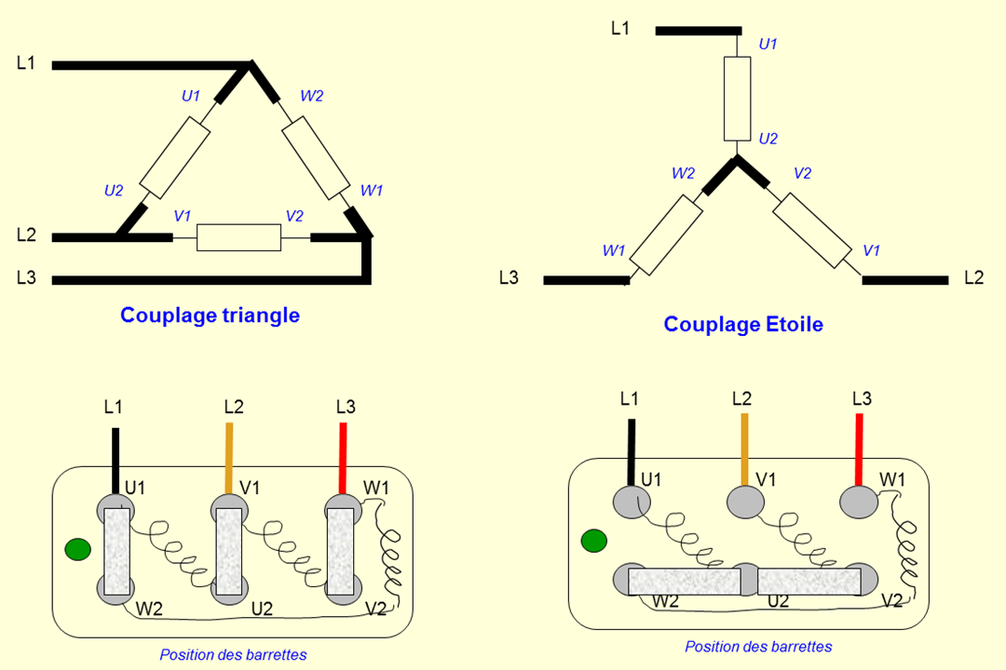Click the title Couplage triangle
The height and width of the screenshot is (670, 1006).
pos(210,315)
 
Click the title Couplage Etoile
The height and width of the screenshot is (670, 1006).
pos(743,325)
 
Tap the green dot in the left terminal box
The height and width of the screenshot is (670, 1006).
pos(78,550)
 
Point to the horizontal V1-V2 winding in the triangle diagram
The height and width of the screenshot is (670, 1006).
pos(238,238)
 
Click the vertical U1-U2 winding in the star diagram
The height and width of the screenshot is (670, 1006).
pos(737,98)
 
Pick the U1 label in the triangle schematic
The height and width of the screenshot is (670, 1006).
pos(191,95)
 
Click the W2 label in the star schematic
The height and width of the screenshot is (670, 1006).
pos(683,173)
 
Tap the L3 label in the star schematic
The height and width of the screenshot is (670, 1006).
pos(509,277)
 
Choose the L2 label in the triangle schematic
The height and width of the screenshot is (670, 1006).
pos(26,235)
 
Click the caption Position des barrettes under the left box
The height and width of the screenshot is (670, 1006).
pos(233,655)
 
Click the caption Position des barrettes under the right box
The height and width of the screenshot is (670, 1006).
pos(758,647)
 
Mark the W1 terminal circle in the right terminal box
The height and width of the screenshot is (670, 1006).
pos(859,503)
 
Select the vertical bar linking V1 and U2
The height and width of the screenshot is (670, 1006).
pos(229,553)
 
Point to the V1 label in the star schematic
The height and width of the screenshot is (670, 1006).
pos(871,250)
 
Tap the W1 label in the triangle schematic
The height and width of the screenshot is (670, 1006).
pos(371,191)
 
